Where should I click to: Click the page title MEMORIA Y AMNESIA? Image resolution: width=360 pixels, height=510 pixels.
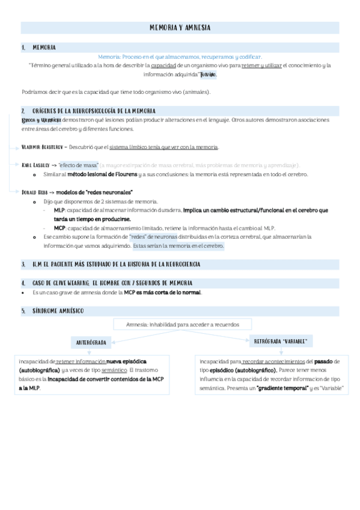tap(180, 28)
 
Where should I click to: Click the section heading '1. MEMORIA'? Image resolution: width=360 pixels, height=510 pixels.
tap(44, 46)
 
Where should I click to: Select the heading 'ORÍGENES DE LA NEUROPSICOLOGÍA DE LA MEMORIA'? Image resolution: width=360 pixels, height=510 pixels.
tap(94, 111)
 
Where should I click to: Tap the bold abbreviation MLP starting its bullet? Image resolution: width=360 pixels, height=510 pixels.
tap(59, 210)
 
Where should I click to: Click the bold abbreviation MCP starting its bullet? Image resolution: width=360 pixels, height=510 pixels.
tap(59, 229)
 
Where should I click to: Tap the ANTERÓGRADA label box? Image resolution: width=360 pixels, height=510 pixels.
tap(91, 342)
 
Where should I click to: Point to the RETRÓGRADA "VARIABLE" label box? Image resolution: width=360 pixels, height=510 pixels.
tap(281, 341)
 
